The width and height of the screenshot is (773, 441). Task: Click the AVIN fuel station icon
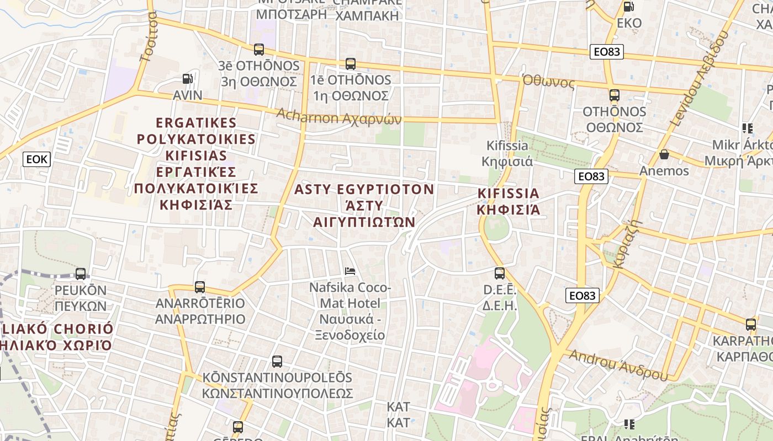(188, 79)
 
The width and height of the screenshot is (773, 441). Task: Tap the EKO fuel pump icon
(628, 7)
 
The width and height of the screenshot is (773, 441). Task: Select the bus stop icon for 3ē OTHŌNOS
(259, 50)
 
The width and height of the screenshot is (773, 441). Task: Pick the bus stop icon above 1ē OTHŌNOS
(351, 64)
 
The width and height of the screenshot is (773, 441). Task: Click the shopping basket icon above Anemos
(664, 154)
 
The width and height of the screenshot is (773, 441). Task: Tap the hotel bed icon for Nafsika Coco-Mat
(350, 271)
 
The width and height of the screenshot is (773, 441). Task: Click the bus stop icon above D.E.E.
(500, 273)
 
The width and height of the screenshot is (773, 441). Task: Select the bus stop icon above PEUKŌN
(81, 273)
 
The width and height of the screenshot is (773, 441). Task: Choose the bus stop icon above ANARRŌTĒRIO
(200, 287)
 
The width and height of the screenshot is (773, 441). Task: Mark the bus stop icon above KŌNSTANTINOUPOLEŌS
(277, 362)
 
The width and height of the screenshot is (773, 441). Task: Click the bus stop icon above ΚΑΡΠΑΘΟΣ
(750, 325)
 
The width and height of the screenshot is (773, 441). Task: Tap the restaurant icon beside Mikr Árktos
(748, 129)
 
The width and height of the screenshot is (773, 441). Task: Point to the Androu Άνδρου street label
(618, 365)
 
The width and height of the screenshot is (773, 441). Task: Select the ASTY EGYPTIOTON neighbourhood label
(364, 206)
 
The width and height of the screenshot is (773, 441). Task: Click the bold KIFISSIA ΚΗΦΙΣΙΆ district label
(508, 201)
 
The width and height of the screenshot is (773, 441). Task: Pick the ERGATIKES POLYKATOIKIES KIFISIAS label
(196, 163)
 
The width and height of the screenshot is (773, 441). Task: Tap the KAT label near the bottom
(398, 415)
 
